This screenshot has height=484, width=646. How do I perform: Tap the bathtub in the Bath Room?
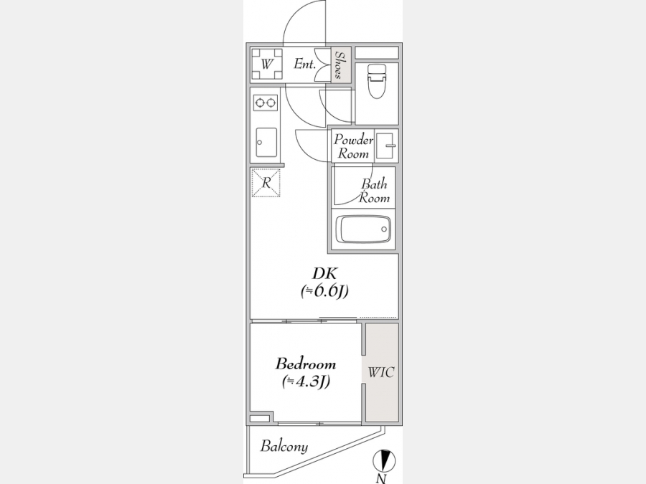coord(363,229)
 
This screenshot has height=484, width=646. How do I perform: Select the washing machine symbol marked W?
coord(267,65)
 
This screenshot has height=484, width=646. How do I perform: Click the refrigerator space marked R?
coord(266,182)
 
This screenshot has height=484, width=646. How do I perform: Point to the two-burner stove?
coord(266,102)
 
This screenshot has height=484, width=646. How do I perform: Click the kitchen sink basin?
coord(266,142)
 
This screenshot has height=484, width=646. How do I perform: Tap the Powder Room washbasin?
coord(386,146)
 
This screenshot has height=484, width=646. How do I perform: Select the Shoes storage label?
coord(340,65)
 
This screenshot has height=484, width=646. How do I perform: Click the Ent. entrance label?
coord(305,65)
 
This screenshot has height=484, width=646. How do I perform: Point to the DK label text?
coord(325,273)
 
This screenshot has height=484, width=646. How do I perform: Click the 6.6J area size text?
coord(324,291)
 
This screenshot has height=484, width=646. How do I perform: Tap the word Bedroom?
coord(305,364)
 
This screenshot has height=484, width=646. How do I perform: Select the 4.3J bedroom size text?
coord(306,382)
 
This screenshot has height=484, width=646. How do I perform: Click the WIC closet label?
coord(381,372)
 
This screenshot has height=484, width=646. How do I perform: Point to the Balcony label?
coord(284,447)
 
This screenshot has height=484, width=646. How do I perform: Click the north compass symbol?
coord(384,460)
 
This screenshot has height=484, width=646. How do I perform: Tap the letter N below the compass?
coord(382,478)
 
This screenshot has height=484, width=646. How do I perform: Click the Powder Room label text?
coord(353,146)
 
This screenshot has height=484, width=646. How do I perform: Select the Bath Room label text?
coord(374,191)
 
